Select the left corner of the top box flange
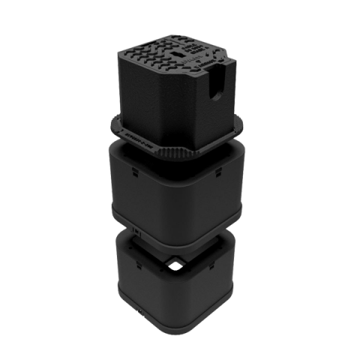(114, 120)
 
